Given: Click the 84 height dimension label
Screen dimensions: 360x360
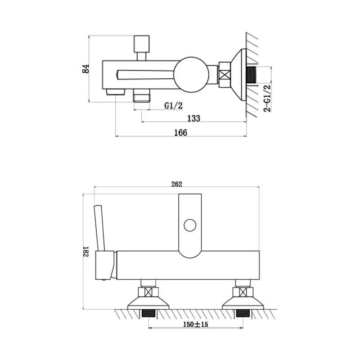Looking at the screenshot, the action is click(x=85, y=68).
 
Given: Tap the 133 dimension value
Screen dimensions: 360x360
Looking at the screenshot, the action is click(x=194, y=118).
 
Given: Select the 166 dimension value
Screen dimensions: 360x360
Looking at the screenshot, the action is click(x=181, y=133).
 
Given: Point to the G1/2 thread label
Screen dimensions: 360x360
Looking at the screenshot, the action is click(x=174, y=106).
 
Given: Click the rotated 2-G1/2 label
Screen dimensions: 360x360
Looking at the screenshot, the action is click(x=267, y=98).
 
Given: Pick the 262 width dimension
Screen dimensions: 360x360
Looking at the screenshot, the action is click(x=176, y=184).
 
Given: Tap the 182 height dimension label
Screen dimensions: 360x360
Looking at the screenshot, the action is click(x=85, y=252).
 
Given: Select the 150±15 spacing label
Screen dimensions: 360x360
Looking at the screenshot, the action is click(x=195, y=324).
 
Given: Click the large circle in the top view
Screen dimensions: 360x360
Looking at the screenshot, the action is click(x=191, y=75).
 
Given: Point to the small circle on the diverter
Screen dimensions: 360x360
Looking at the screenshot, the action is click(x=190, y=225).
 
